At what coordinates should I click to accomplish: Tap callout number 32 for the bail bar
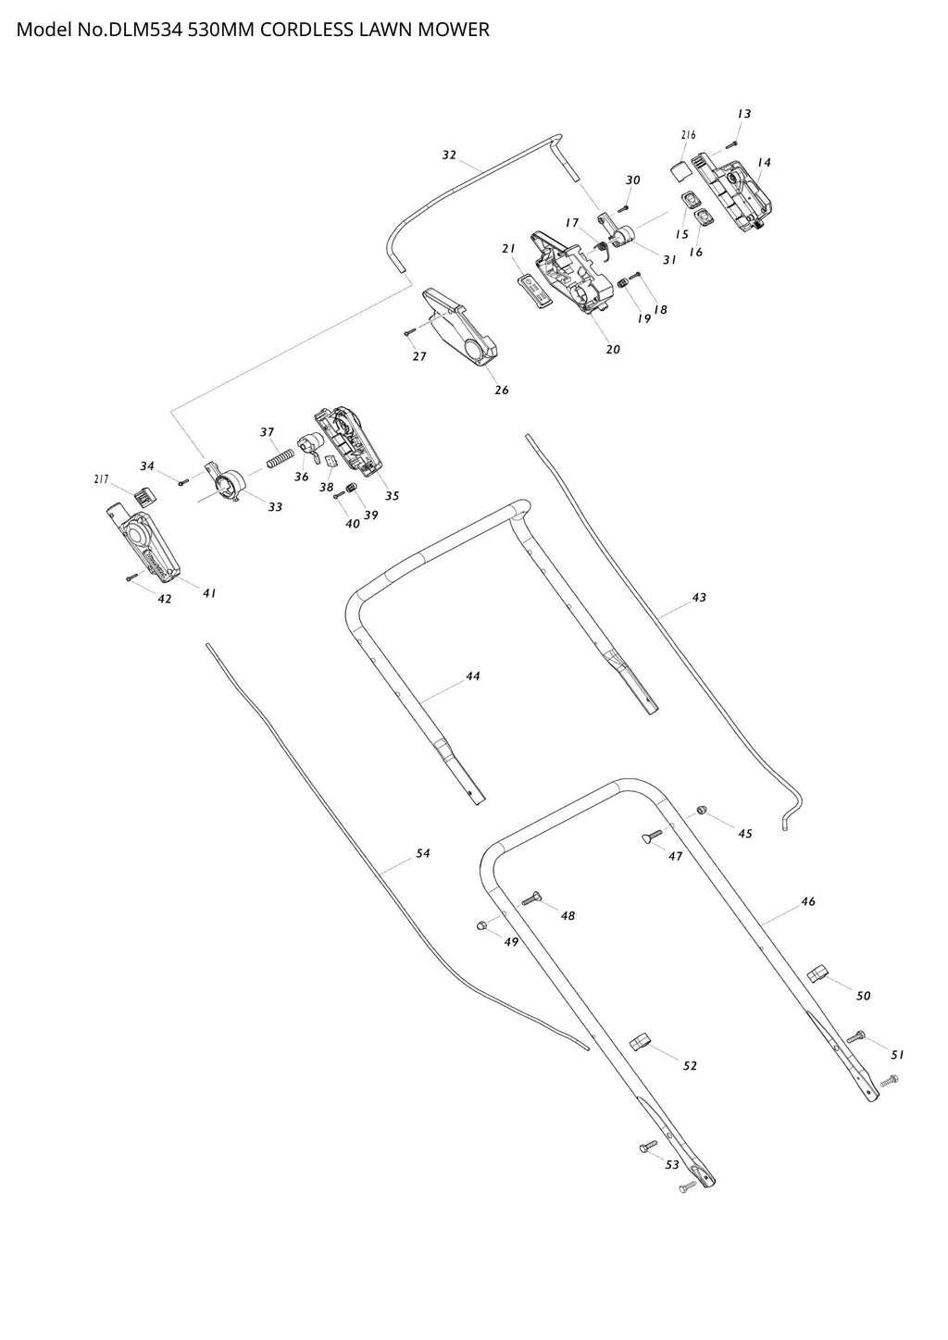[x=449, y=155]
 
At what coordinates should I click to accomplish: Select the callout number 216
[x=688, y=135]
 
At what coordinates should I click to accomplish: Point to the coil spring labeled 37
[x=281, y=456]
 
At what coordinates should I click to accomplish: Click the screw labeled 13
[x=731, y=143]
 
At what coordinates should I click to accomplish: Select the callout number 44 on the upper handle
[x=472, y=676]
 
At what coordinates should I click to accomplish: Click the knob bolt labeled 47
[x=651, y=837]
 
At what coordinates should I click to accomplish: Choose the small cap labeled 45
[x=702, y=810]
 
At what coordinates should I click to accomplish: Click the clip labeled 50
[x=817, y=973]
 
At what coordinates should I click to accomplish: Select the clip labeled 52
[x=641, y=1042]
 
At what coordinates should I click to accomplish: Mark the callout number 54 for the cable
[x=422, y=853]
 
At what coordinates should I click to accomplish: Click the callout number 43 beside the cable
[x=699, y=598]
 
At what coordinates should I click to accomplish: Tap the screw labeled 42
[x=131, y=577]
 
